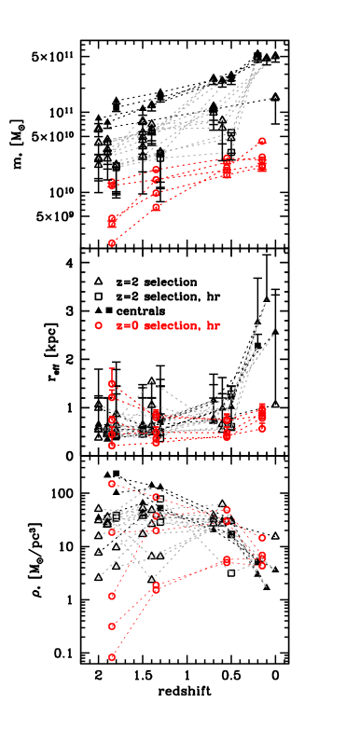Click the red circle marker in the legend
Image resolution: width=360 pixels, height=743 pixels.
pyautogui.click(x=98, y=325)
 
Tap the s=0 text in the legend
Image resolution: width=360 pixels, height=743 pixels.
pyautogui.click(x=128, y=325)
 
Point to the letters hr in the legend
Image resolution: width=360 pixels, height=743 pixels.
pyautogui.click(x=214, y=325)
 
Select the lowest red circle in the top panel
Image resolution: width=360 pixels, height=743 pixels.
pyautogui.click(x=112, y=242)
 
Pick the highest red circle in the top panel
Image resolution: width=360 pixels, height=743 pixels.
pyautogui.click(x=262, y=141)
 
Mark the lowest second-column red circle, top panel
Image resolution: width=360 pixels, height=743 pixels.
pyautogui.click(x=156, y=208)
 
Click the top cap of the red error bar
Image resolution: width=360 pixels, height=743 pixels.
pyautogui.click(x=112, y=369)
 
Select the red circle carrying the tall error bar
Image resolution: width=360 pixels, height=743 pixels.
pyautogui.click(x=112, y=383)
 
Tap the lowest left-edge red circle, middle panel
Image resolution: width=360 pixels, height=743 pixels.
pyautogui.click(x=112, y=446)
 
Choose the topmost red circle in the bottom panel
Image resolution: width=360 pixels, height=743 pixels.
pyautogui.click(x=112, y=483)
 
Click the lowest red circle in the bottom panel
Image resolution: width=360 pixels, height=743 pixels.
pyautogui.click(x=112, y=657)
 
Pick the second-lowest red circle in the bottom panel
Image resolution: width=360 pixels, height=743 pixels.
pyautogui.click(x=112, y=626)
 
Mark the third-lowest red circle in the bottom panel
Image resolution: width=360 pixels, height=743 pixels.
pyautogui.click(x=112, y=596)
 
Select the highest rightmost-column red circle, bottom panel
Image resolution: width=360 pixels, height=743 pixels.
pyautogui.click(x=262, y=538)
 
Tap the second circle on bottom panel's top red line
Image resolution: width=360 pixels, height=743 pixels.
pyautogui.click(x=156, y=497)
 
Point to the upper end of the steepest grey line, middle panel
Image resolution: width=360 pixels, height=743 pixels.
pyautogui.click(x=268, y=300)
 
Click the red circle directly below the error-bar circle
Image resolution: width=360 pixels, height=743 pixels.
pyautogui.click(x=112, y=397)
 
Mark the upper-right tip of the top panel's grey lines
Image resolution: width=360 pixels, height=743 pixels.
pyautogui.click(x=274, y=58)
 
